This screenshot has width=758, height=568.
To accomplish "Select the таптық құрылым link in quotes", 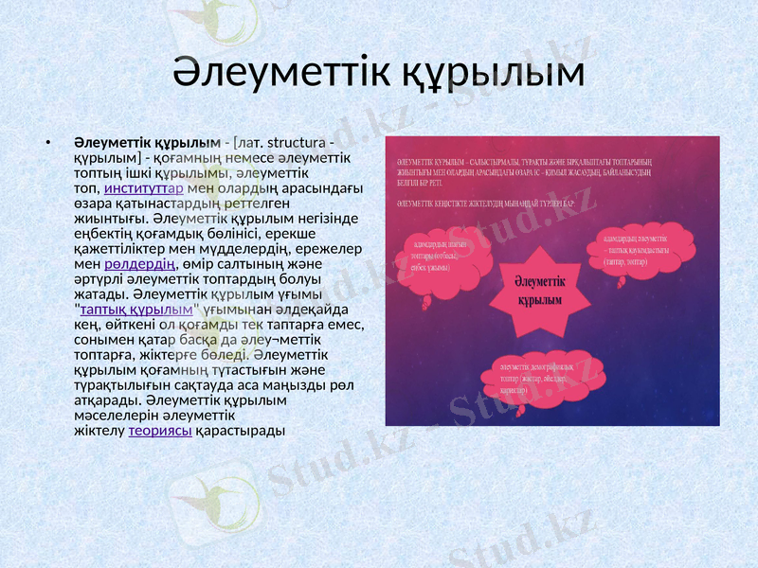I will pos(136,310).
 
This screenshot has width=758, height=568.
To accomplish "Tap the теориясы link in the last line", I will pos(160,431).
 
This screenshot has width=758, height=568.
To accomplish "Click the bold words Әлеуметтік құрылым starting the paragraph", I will pos(147,143).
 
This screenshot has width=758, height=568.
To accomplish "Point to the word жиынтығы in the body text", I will pos(106,219).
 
